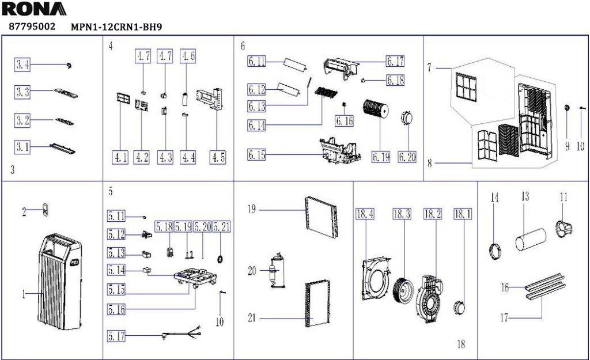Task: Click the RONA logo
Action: (x=34, y=9)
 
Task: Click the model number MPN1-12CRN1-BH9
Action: (x=116, y=27)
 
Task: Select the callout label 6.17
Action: (x=395, y=60)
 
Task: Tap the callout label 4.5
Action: (x=218, y=157)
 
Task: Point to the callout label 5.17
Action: (x=116, y=336)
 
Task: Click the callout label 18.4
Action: (x=365, y=214)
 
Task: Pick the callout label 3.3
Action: (x=22, y=92)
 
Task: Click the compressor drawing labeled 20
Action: (x=277, y=271)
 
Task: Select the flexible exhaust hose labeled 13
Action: (x=531, y=239)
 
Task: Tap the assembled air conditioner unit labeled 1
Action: (x=59, y=282)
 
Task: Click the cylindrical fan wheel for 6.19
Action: (x=376, y=108)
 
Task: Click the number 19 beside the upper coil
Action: (x=252, y=209)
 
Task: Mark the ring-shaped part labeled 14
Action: (x=496, y=251)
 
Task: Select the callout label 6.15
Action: (x=256, y=154)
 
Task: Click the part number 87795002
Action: (x=32, y=26)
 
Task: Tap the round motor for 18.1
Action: (x=459, y=308)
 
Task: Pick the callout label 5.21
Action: (x=222, y=226)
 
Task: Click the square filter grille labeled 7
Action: (x=466, y=88)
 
